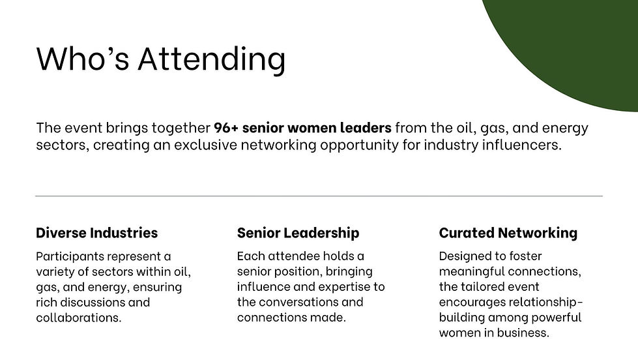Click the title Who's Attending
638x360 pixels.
coord(161,59)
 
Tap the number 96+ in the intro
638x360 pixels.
coord(225,128)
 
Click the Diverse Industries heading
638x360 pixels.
coord(96,233)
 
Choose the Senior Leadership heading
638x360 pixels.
coord(298,233)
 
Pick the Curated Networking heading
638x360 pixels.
coord(508,233)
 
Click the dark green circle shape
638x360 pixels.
coord(573,46)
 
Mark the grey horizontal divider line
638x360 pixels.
coord(319,196)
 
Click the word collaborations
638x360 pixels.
coord(78,318)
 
